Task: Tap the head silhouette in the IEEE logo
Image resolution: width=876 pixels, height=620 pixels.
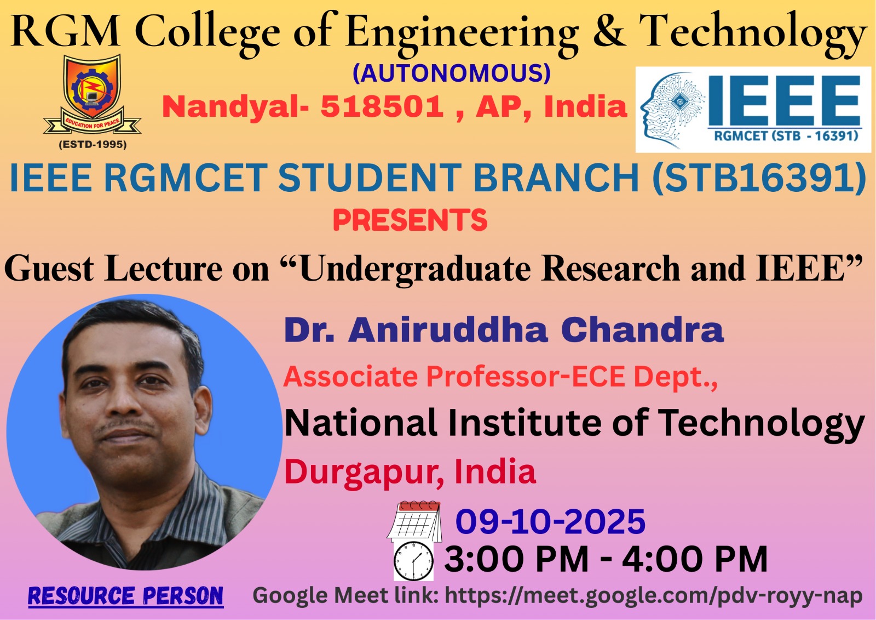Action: click(673, 110)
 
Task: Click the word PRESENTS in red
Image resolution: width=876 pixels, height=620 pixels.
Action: click(410, 220)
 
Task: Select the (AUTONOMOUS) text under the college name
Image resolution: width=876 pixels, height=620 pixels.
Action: click(452, 73)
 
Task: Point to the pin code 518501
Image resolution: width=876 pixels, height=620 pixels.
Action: click(382, 106)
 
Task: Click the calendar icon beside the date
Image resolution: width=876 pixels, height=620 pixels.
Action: click(414, 521)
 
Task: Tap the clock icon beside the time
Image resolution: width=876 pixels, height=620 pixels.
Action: click(413, 561)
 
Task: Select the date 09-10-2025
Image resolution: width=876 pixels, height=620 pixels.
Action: click(550, 521)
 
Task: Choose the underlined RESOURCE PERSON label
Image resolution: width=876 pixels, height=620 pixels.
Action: click(125, 596)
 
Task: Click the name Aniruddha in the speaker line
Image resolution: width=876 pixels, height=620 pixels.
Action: click(448, 330)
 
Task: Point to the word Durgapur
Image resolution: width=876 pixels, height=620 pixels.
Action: click(364, 473)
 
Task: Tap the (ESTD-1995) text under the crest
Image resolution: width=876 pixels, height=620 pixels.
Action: click(93, 145)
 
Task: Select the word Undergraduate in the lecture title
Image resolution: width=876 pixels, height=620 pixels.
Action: click(415, 269)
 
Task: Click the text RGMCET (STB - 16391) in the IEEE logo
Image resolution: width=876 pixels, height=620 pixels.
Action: click(786, 136)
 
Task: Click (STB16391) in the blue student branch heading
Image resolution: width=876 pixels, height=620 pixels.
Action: click(759, 178)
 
